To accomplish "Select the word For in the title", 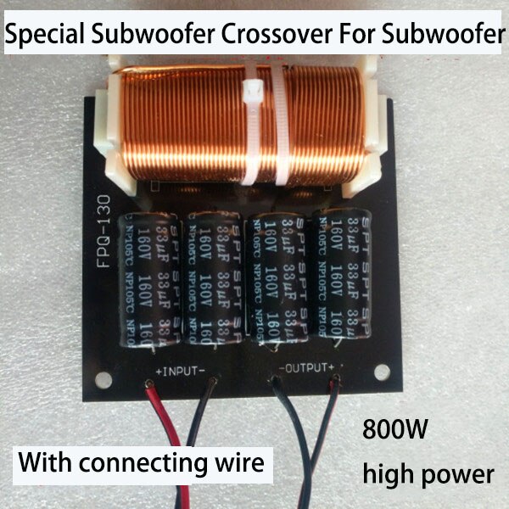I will (365, 35).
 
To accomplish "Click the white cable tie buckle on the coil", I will (254, 92).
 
